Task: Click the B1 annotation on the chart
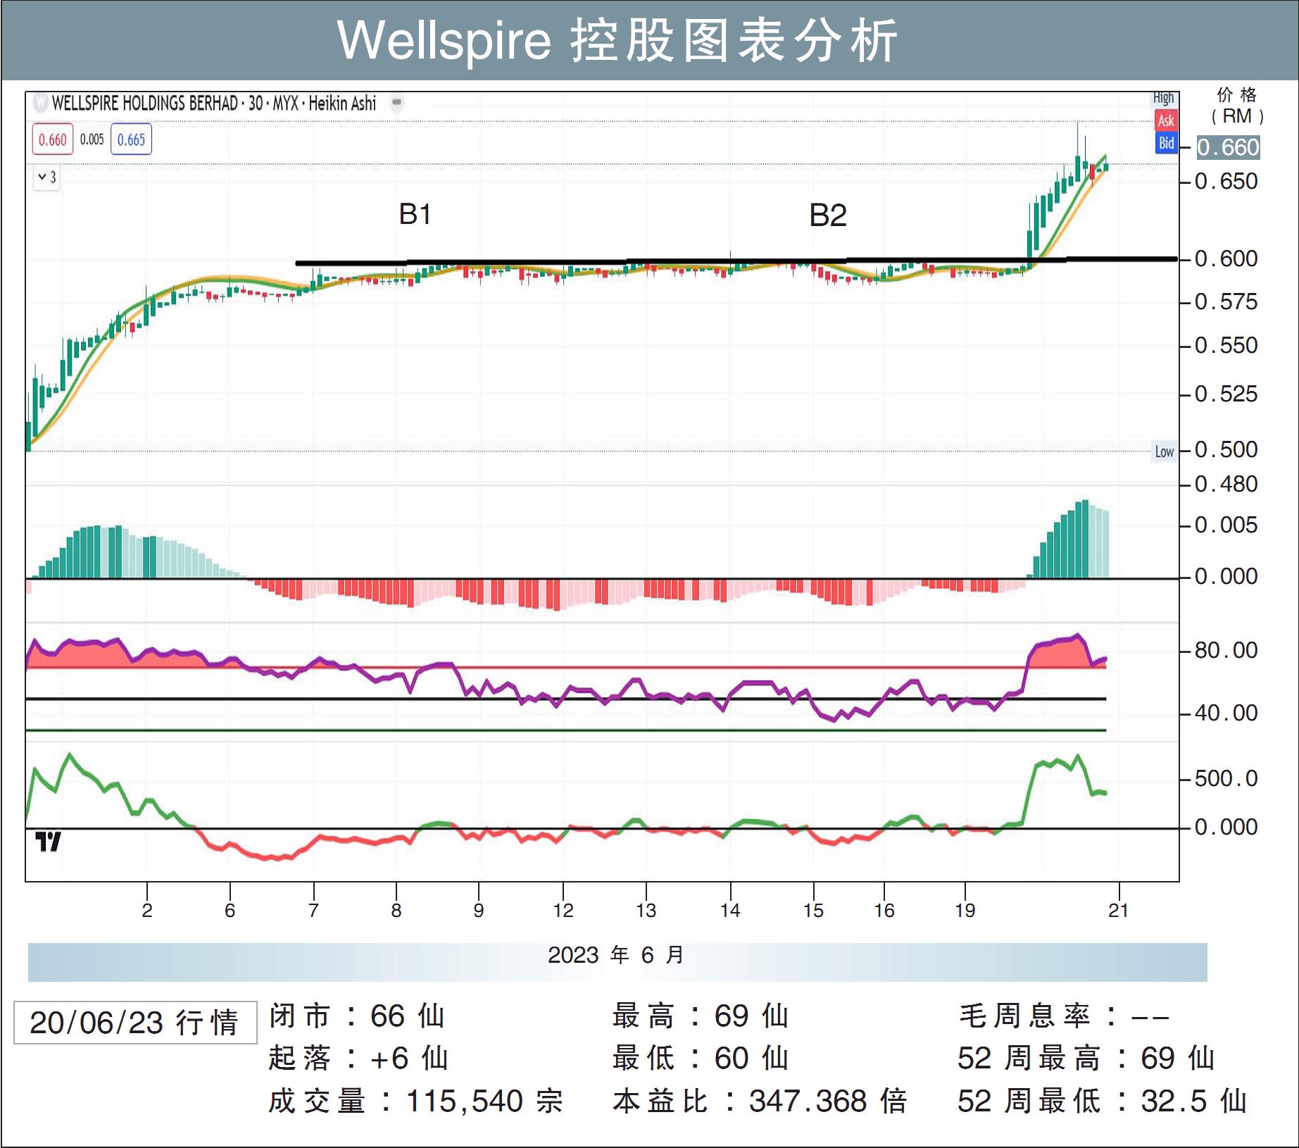pyautogui.click(x=415, y=214)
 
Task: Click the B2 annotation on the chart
pyautogui.click(x=827, y=216)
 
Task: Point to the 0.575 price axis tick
pyautogui.click(x=1226, y=302)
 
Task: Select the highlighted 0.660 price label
pyautogui.click(x=1228, y=147)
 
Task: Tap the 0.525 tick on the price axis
pyautogui.click(x=1226, y=394)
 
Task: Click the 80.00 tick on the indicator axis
pyautogui.click(x=1226, y=650)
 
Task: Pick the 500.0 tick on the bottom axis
pyautogui.click(x=1226, y=778)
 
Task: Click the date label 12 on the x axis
pyautogui.click(x=563, y=910)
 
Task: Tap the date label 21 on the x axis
pyautogui.click(x=1118, y=910)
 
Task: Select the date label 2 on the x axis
pyautogui.click(x=146, y=910)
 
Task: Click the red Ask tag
pyautogui.click(x=1166, y=120)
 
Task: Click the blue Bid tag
pyautogui.click(x=1166, y=143)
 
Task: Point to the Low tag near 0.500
pyautogui.click(x=1164, y=451)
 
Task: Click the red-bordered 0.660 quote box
pyautogui.click(x=52, y=139)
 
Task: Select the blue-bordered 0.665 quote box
pyautogui.click(x=131, y=139)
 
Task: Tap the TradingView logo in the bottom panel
pyautogui.click(x=48, y=841)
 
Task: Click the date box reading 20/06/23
pyautogui.click(x=134, y=1022)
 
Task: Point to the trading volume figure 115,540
pyautogui.click(x=464, y=1101)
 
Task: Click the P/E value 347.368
pyautogui.click(x=808, y=1101)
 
